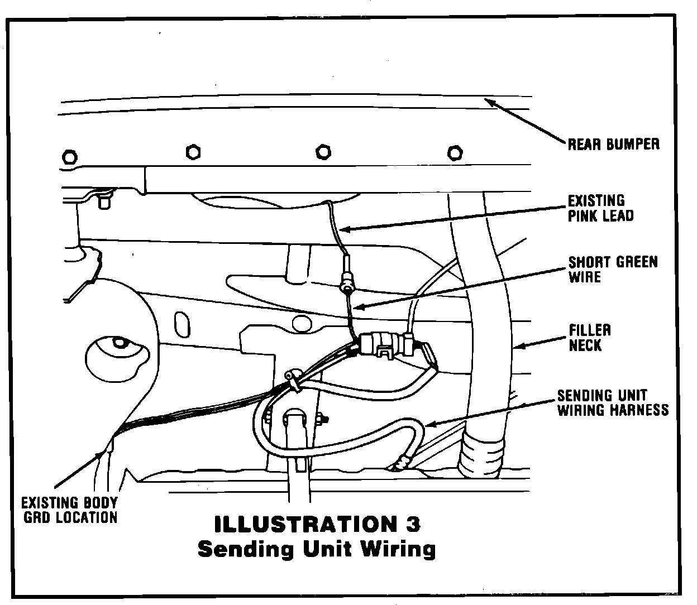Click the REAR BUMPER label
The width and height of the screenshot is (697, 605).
[x=613, y=144]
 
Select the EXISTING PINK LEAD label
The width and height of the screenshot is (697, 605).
[x=600, y=208]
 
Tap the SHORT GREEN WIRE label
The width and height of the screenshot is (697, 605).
[x=612, y=269]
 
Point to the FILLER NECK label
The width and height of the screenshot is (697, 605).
[x=589, y=338]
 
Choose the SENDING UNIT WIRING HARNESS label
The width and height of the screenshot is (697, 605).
[x=612, y=403]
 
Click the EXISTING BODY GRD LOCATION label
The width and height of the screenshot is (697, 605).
[x=69, y=510]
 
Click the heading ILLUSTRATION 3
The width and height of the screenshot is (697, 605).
[x=317, y=524]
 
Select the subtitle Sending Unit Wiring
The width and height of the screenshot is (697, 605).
[x=317, y=549]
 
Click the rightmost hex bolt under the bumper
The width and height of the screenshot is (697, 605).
[x=456, y=152]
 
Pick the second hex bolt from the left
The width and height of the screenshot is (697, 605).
[x=193, y=151]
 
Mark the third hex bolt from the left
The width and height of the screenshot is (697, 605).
[x=323, y=152]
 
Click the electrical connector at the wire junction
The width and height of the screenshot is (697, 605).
[x=385, y=343]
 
